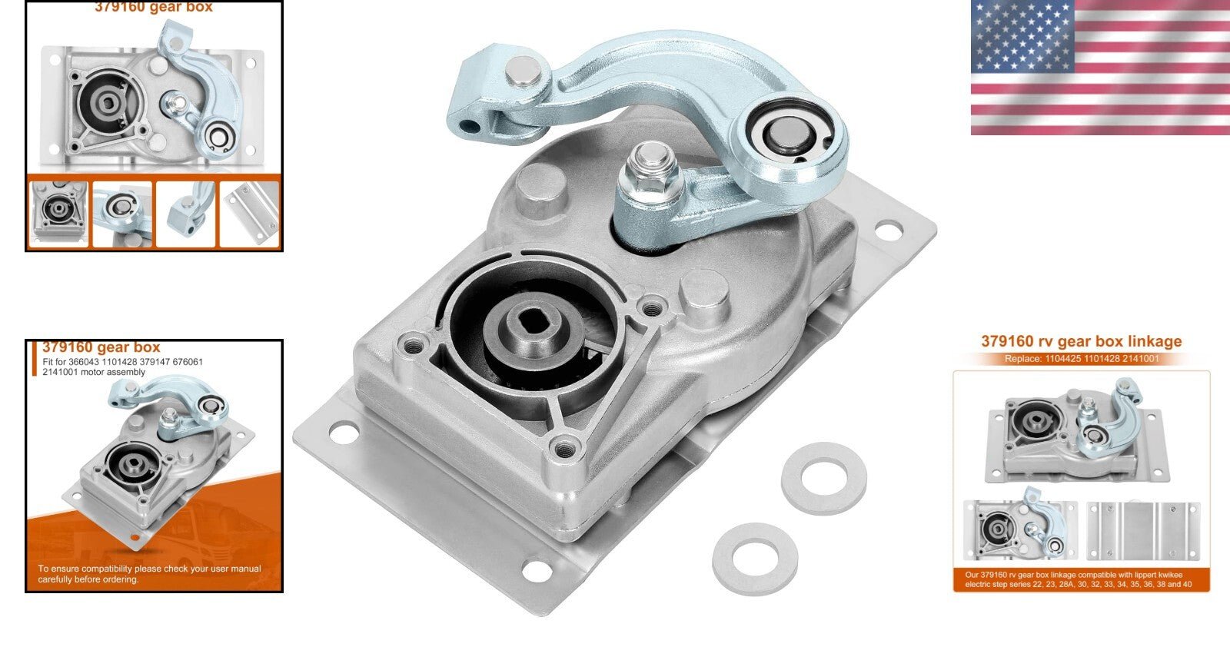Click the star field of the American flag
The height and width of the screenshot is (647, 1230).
coord(1022,35)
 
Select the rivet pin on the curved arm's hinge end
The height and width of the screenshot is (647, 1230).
coord(524,77)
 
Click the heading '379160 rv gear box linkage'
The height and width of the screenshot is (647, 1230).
coord(1081,341)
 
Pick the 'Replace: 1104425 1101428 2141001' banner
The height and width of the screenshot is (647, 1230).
coord(1081,359)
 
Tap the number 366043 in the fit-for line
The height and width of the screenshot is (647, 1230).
coord(85,362)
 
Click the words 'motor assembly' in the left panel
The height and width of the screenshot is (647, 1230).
coord(116,373)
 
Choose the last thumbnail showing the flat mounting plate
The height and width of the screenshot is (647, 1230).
coord(250,214)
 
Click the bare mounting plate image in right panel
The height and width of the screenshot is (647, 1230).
coord(1143,530)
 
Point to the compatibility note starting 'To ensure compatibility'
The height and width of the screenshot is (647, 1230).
coord(149,574)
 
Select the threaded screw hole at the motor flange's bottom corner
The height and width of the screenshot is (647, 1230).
coord(567,443)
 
